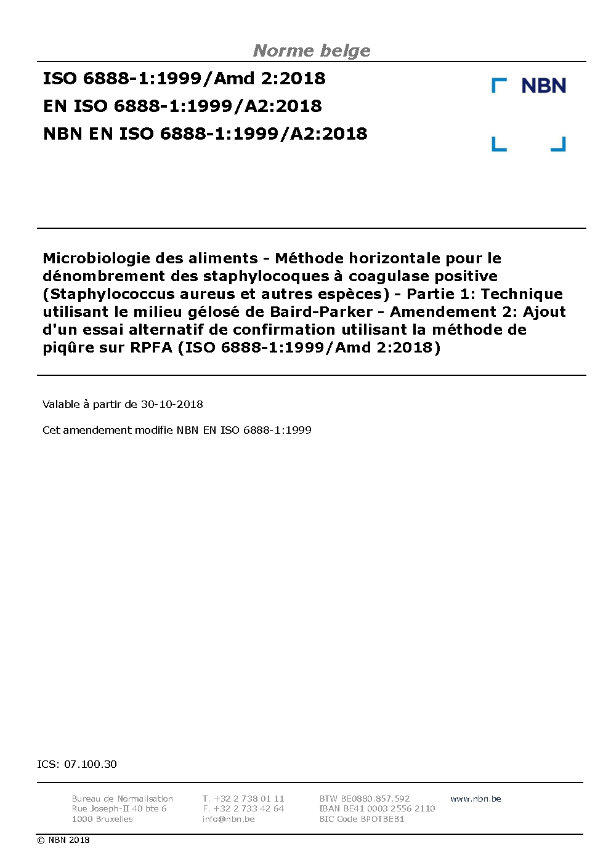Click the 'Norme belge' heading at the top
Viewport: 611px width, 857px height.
(312, 50)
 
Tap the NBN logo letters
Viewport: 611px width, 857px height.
(543, 86)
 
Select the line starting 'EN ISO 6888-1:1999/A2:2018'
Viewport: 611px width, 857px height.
(182, 106)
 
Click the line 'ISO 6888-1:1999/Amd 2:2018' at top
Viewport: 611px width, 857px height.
(184, 78)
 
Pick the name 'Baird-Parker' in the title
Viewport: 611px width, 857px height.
(321, 312)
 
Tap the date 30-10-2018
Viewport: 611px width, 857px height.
(172, 404)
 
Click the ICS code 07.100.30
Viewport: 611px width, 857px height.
(90, 764)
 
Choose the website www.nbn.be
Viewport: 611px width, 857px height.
(475, 799)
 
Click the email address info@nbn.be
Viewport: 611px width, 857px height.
(229, 819)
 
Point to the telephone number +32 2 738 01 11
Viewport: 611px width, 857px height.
(249, 799)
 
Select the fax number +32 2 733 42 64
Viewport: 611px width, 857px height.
(249, 808)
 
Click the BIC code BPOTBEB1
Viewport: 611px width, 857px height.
(382, 819)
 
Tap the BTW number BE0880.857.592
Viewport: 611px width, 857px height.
(375, 799)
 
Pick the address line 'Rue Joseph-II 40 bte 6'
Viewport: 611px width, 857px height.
(119, 808)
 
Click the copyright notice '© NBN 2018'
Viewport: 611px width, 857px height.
(63, 840)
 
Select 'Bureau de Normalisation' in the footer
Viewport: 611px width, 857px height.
(123, 799)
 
